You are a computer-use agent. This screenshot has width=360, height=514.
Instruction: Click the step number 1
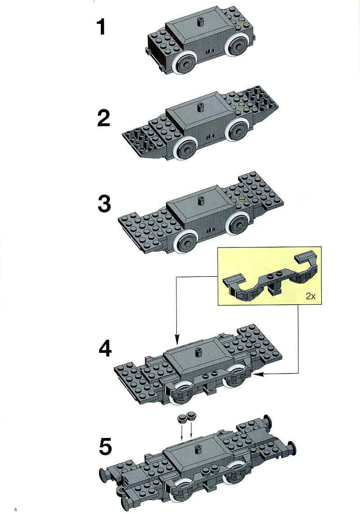point(101,27)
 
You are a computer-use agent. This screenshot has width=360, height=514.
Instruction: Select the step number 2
point(103,118)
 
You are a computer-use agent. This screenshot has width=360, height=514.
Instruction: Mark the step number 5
point(105,446)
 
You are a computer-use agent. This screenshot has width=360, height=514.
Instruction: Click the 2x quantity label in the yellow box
point(310,296)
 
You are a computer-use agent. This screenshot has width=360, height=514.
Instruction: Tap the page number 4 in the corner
point(15,509)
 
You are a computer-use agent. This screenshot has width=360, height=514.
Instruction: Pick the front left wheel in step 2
point(186,148)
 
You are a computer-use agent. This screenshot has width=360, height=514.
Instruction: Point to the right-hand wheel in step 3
point(238,223)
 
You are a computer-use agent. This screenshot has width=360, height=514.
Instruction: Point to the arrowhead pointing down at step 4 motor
point(177,340)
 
